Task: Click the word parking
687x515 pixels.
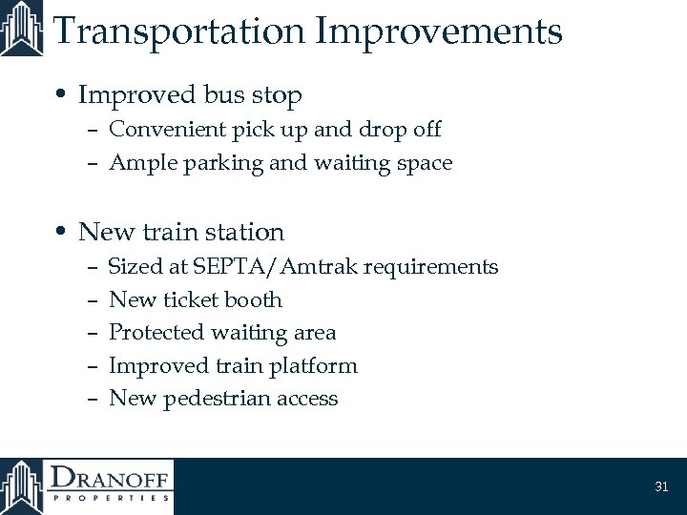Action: pyautogui.click(x=210, y=164)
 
